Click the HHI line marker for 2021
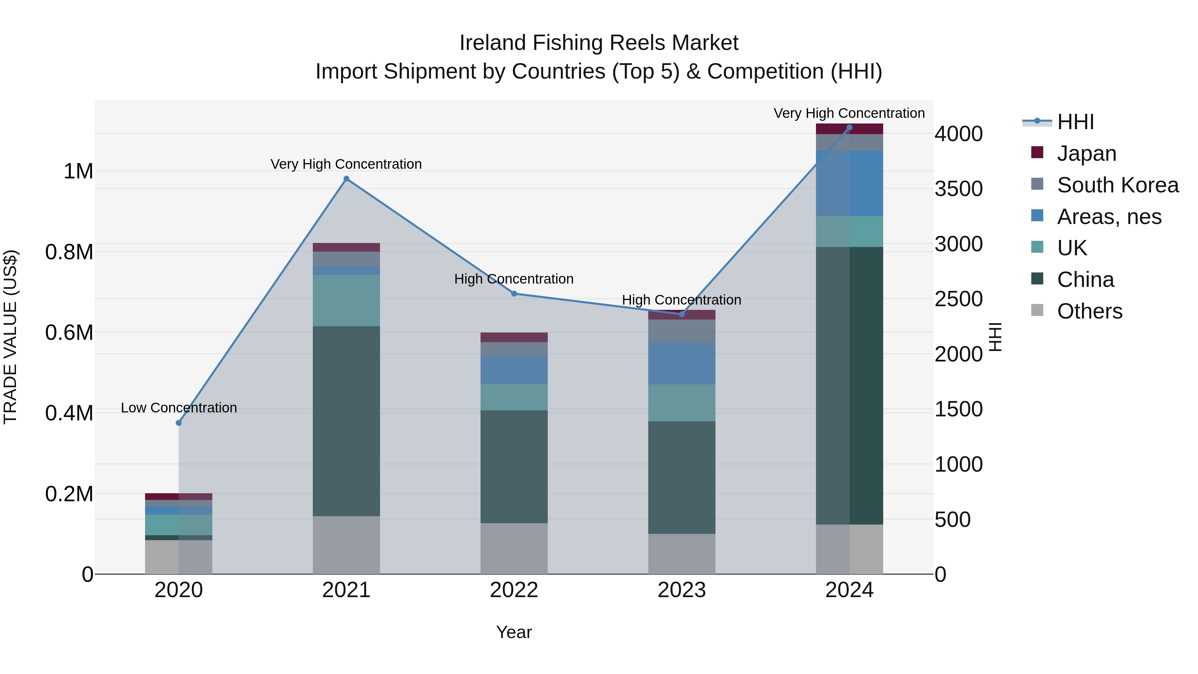tap(346, 179)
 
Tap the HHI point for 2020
tap(179, 423)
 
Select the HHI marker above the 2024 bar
tap(849, 127)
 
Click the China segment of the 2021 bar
tap(346, 421)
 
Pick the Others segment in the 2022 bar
tap(514, 549)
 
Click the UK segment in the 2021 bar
tap(346, 301)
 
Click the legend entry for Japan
tap(1087, 153)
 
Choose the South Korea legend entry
tap(1117, 185)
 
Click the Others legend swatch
tap(1037, 310)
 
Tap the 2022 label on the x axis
tap(514, 590)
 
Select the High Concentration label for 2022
tap(513, 279)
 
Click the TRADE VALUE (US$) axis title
tap(11, 337)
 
